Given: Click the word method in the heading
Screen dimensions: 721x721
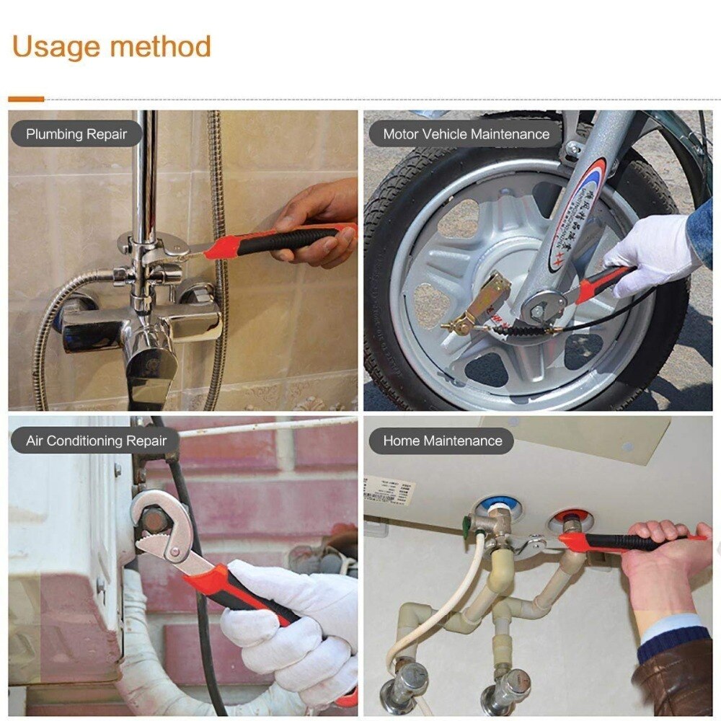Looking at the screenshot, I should tap(159, 47).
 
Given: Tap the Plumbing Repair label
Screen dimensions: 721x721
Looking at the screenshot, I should tap(76, 134).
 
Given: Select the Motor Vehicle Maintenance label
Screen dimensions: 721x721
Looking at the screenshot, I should tap(466, 134).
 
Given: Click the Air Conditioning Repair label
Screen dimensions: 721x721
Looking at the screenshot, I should tap(96, 441).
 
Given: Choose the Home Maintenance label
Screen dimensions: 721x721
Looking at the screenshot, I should tap(442, 441).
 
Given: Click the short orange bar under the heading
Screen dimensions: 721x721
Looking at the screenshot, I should tap(26, 99).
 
